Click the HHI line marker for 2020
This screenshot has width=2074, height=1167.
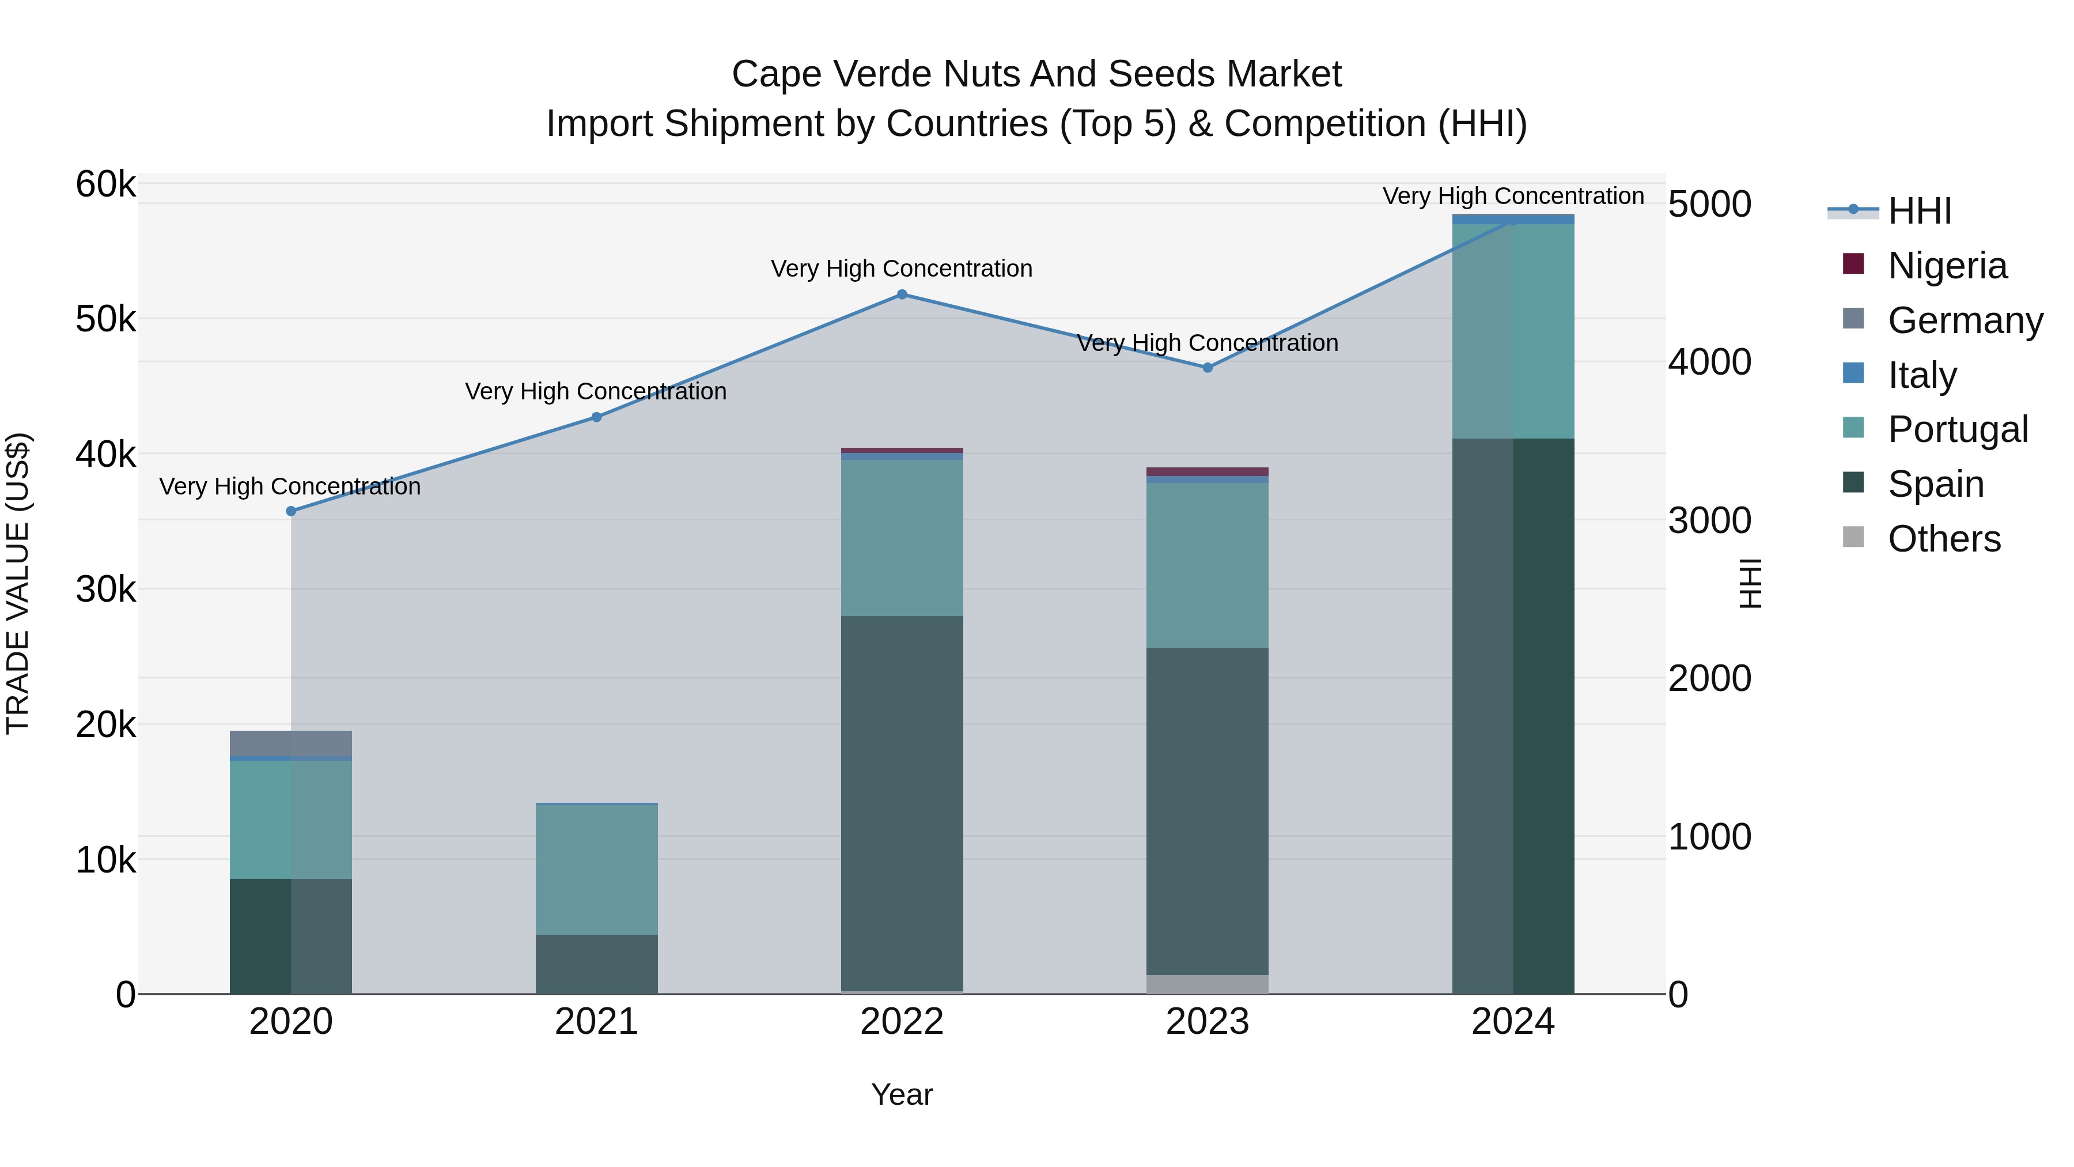[292, 511]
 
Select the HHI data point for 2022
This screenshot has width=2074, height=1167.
[902, 294]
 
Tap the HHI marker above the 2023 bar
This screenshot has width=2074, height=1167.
[1207, 368]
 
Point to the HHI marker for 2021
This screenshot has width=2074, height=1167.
[597, 417]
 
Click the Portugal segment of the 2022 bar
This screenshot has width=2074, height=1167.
[902, 538]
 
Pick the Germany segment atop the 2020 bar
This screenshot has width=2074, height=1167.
[292, 743]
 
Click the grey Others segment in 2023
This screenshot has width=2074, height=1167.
[1207, 984]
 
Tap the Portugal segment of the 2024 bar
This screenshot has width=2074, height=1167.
[1513, 331]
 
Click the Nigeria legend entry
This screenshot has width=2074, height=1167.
[1947, 266]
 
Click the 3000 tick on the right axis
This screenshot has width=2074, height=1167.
[1709, 521]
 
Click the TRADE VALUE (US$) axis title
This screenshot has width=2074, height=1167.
[18, 583]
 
